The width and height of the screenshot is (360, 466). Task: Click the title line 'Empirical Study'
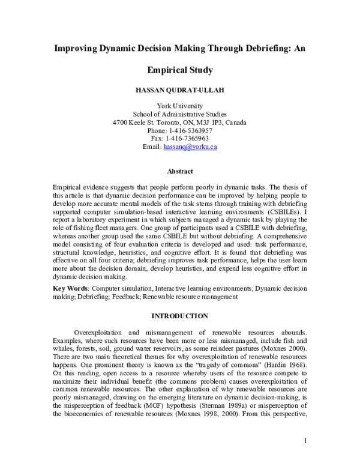179,70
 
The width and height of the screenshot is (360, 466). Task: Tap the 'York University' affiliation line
179,106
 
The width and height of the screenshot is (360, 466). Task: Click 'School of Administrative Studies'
179,114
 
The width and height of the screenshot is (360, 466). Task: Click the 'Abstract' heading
179,171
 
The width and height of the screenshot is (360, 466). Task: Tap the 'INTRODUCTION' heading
179,316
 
